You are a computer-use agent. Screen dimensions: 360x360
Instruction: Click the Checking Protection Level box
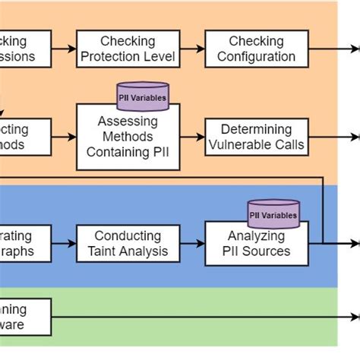click(x=128, y=49)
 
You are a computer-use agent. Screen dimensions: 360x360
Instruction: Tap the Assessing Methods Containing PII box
click(x=127, y=136)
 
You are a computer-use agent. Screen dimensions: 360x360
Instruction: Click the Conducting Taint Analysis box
click(x=128, y=244)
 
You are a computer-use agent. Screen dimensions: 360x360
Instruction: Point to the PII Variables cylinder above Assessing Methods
click(x=142, y=96)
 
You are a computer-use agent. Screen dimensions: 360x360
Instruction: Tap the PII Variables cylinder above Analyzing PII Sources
click(x=273, y=213)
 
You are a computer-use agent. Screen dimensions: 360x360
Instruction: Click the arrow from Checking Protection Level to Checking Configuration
click(x=193, y=49)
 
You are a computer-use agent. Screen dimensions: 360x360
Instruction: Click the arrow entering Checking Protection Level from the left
click(x=64, y=49)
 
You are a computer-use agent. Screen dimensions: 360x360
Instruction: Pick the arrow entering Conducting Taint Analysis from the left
click(x=64, y=244)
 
